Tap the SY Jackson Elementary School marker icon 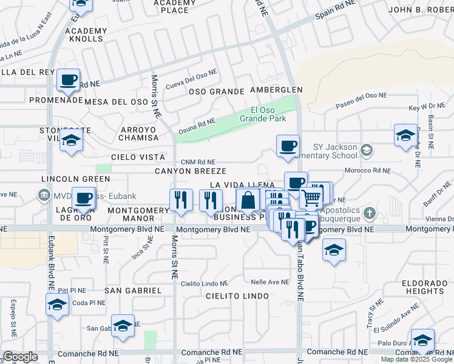coord(366,149)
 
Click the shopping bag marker coord(248,200)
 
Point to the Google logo coord(20,357)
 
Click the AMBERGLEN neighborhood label coord(276,90)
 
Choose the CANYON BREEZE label coord(191,171)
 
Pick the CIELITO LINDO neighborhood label coord(237,296)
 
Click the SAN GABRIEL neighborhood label coord(133,291)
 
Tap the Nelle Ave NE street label coord(270,282)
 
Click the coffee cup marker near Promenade coord(68,79)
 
